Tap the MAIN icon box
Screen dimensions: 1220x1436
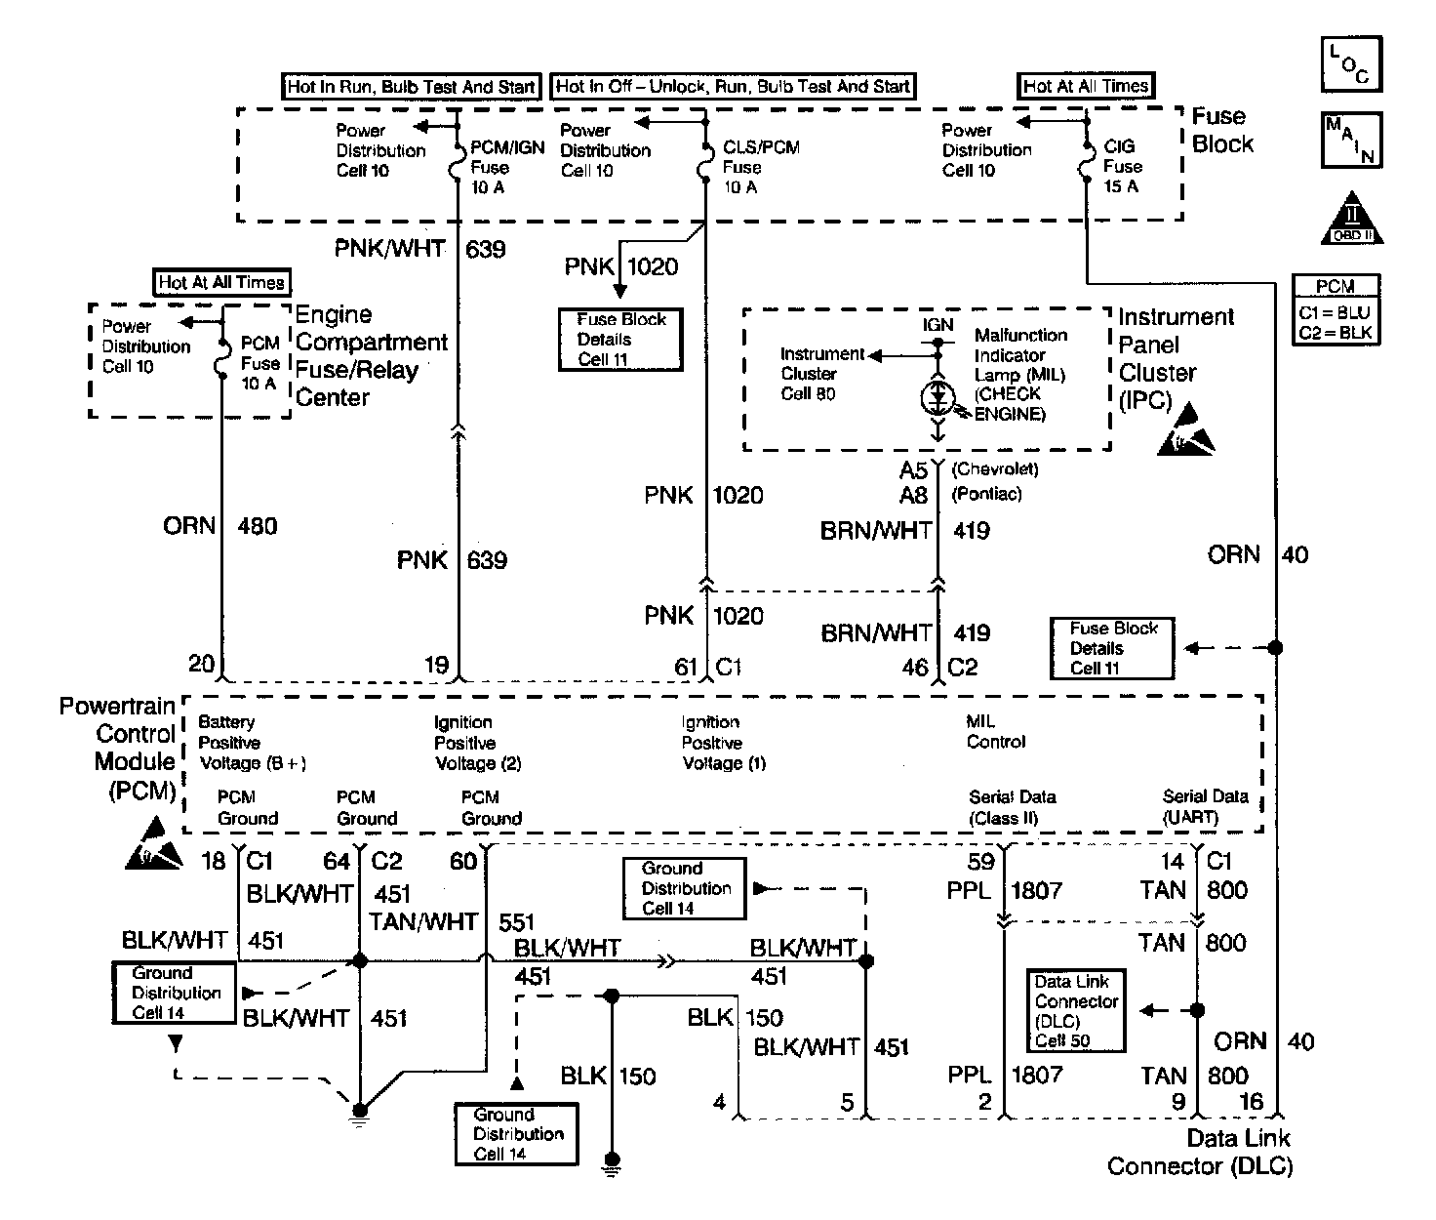click(x=1351, y=140)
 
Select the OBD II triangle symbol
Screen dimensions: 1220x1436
click(x=1352, y=218)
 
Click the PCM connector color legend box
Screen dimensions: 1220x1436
click(x=1336, y=309)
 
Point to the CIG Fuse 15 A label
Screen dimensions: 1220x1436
click(x=1121, y=166)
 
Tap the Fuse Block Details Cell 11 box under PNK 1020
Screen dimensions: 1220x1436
click(x=620, y=339)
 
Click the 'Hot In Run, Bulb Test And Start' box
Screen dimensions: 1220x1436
click(x=411, y=87)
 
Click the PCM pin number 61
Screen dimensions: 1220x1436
click(x=686, y=667)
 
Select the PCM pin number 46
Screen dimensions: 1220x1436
click(x=915, y=668)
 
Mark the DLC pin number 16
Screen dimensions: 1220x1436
click(x=1251, y=1102)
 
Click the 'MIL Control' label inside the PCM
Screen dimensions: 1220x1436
click(x=995, y=732)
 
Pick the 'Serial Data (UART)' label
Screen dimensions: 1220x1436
click(x=1205, y=807)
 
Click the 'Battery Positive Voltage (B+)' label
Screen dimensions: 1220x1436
click(x=252, y=743)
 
